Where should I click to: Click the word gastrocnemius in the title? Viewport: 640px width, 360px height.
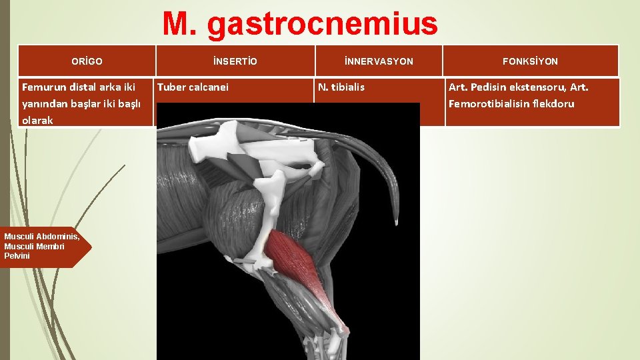[x=323, y=25]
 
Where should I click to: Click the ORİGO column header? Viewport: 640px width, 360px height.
[x=87, y=61]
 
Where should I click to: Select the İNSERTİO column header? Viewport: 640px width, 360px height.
[x=235, y=61]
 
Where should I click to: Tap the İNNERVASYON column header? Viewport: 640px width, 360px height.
[x=379, y=61]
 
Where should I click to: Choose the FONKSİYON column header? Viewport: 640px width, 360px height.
[x=531, y=61]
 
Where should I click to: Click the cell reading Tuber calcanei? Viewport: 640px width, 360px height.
[x=193, y=87]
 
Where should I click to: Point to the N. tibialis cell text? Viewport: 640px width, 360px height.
[x=341, y=87]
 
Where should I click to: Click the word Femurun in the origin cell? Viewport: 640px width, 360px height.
[x=44, y=87]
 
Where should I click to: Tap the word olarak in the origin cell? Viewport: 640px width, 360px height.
[x=37, y=121]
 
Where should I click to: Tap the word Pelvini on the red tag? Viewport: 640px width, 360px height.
[x=17, y=255]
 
